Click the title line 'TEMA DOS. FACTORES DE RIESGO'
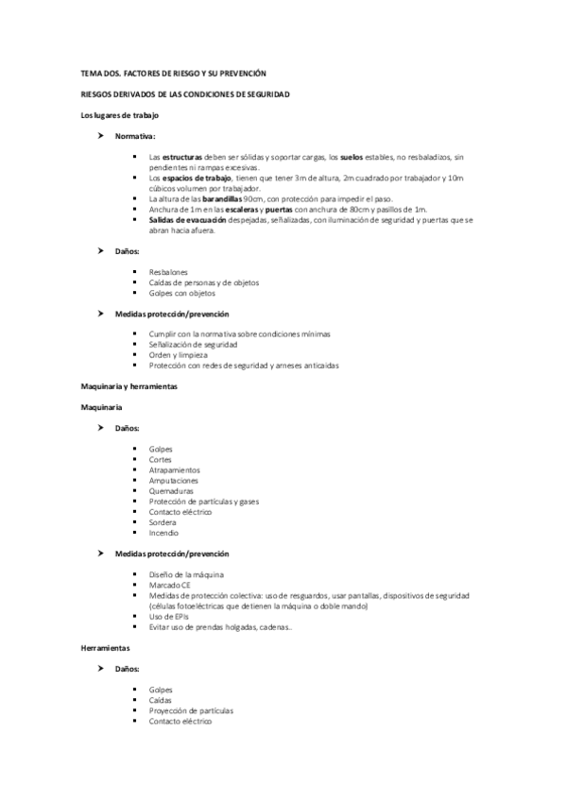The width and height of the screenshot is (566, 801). click(x=174, y=74)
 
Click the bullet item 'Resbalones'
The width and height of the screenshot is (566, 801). click(x=168, y=272)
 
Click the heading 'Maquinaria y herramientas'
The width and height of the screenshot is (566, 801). click(x=129, y=386)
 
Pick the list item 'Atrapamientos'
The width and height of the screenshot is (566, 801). click(x=174, y=469)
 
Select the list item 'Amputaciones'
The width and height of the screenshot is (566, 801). click(x=173, y=480)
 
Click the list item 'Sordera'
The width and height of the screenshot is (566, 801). click(x=163, y=522)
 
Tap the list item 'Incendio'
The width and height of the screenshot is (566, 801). click(x=163, y=533)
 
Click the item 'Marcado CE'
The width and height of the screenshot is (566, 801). click(x=170, y=586)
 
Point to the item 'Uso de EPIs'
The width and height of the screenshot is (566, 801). click(x=169, y=617)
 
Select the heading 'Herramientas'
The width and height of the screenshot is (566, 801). click(x=105, y=650)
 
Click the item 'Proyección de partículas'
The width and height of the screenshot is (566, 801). click(x=191, y=710)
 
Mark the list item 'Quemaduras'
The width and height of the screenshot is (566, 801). click(x=171, y=490)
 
